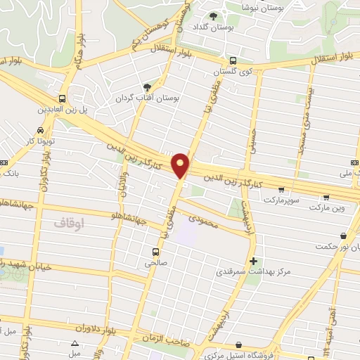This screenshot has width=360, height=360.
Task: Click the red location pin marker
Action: pos(181,165)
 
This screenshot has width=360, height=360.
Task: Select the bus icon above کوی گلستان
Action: pos(232,61)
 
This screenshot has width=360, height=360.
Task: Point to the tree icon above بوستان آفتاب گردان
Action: pos(146,88)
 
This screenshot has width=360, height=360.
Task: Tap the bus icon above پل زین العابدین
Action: pos(63,99)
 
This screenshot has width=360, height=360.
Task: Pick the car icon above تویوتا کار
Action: pos(40,131)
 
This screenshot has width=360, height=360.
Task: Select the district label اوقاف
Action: pos(68,223)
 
